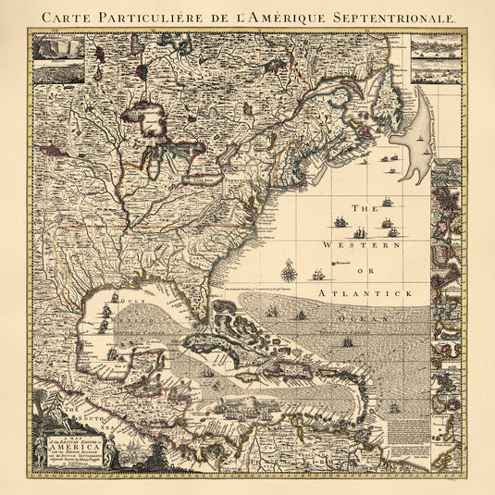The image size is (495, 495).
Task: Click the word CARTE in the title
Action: tap(67, 18)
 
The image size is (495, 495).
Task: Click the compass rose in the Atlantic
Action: tap(290, 271)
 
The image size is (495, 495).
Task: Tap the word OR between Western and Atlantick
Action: tap(366, 270)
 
